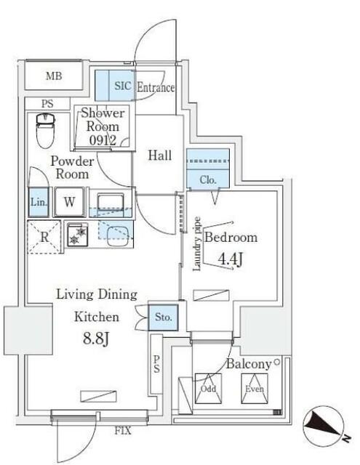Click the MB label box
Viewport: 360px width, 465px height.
(55, 76)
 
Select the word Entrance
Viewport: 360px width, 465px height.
(155, 88)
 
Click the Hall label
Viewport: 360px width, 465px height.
(159, 155)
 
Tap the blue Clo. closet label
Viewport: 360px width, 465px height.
(207, 179)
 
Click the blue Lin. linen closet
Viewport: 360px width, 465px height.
(39, 202)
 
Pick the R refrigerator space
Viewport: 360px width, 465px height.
(44, 235)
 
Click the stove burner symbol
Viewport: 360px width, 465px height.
(76, 235)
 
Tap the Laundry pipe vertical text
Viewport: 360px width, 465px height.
(197, 243)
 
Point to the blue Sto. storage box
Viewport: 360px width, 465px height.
(162, 317)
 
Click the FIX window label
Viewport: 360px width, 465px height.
(123, 430)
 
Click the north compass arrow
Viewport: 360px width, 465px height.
(324, 426)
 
